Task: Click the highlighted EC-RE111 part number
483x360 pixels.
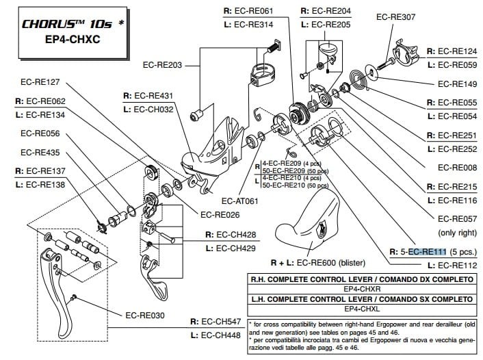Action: [427, 252]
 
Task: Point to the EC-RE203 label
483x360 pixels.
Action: [163, 66]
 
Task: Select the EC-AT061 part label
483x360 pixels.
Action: [240, 201]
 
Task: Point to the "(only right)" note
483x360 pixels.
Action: [456, 233]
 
